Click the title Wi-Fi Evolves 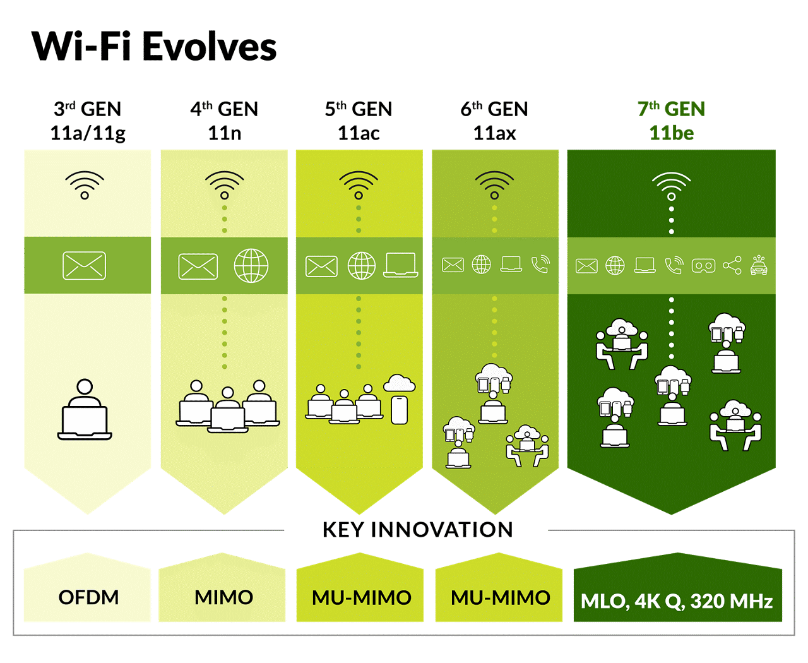tap(154, 47)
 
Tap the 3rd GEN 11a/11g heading tap(88, 121)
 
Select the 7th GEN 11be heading tap(671, 121)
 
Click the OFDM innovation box tap(88, 597)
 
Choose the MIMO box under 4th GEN tap(223, 597)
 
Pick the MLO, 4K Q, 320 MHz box tap(677, 600)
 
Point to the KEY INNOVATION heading tap(417, 530)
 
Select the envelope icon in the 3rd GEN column tap(85, 266)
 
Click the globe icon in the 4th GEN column tap(251, 266)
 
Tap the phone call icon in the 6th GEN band tap(540, 265)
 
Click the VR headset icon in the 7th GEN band tap(703, 266)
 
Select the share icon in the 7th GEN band tap(732, 265)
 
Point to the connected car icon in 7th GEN tap(759, 265)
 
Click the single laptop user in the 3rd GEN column tap(85, 410)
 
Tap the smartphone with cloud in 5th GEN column tap(399, 401)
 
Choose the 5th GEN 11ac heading tap(359, 121)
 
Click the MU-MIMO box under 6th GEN tap(500, 597)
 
